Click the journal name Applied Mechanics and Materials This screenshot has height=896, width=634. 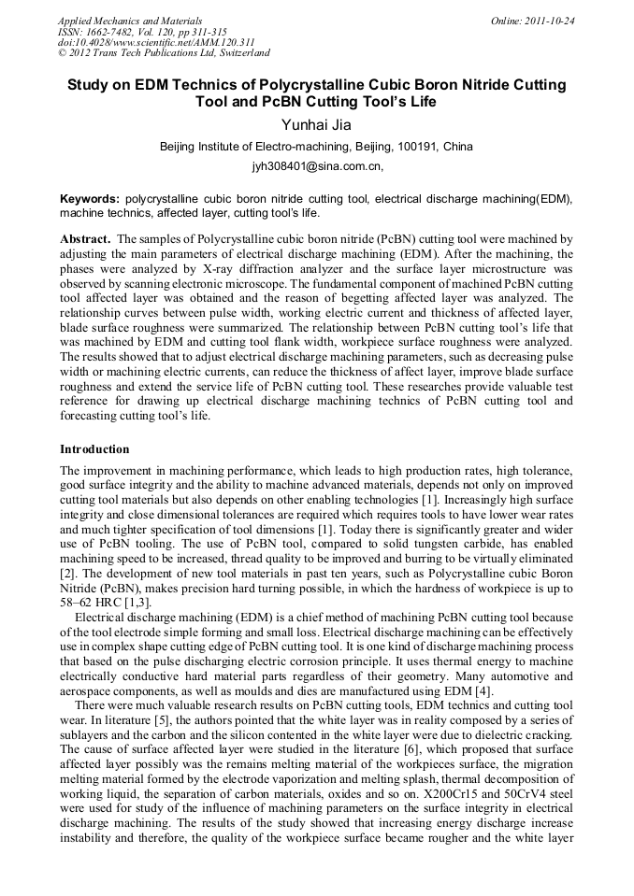coord(129,21)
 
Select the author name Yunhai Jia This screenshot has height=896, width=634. coord(316,124)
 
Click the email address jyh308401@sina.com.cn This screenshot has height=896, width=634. coord(316,167)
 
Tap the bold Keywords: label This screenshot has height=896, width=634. coord(90,200)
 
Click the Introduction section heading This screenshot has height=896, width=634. coord(94,449)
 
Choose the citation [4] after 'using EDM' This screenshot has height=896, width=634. coord(483,690)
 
